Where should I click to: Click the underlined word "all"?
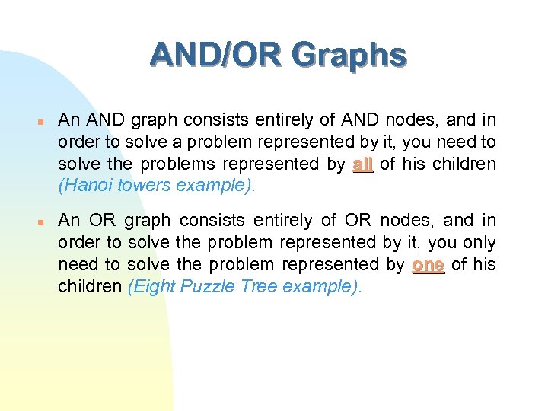363,164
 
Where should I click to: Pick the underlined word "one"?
428,264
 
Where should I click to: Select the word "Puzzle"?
203,286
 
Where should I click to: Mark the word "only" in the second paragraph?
479,243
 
